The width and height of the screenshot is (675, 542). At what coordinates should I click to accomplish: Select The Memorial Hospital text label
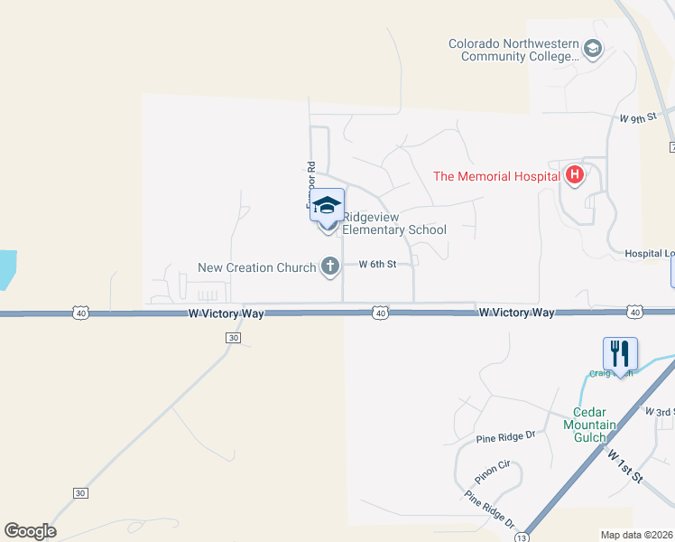coord(495,177)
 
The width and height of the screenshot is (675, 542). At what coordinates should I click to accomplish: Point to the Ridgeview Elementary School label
coord(395,223)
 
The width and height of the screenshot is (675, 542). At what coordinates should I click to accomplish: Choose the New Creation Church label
coord(257,267)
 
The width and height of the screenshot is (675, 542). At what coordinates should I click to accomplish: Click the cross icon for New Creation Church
coord(330,266)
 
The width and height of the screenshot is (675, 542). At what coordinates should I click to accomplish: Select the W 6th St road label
coord(377,265)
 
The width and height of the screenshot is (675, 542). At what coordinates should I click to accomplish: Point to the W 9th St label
coord(636,118)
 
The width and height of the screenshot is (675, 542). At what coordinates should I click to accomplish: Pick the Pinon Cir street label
coord(492,472)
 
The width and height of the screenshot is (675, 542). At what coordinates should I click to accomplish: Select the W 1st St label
coord(624,466)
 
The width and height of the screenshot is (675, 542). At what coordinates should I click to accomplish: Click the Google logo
coord(30,531)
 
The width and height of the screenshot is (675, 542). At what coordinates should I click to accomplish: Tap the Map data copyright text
coord(637,535)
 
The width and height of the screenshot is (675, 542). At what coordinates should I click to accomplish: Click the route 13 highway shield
coord(521,537)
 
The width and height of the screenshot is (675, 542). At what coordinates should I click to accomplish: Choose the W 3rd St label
coord(660,412)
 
